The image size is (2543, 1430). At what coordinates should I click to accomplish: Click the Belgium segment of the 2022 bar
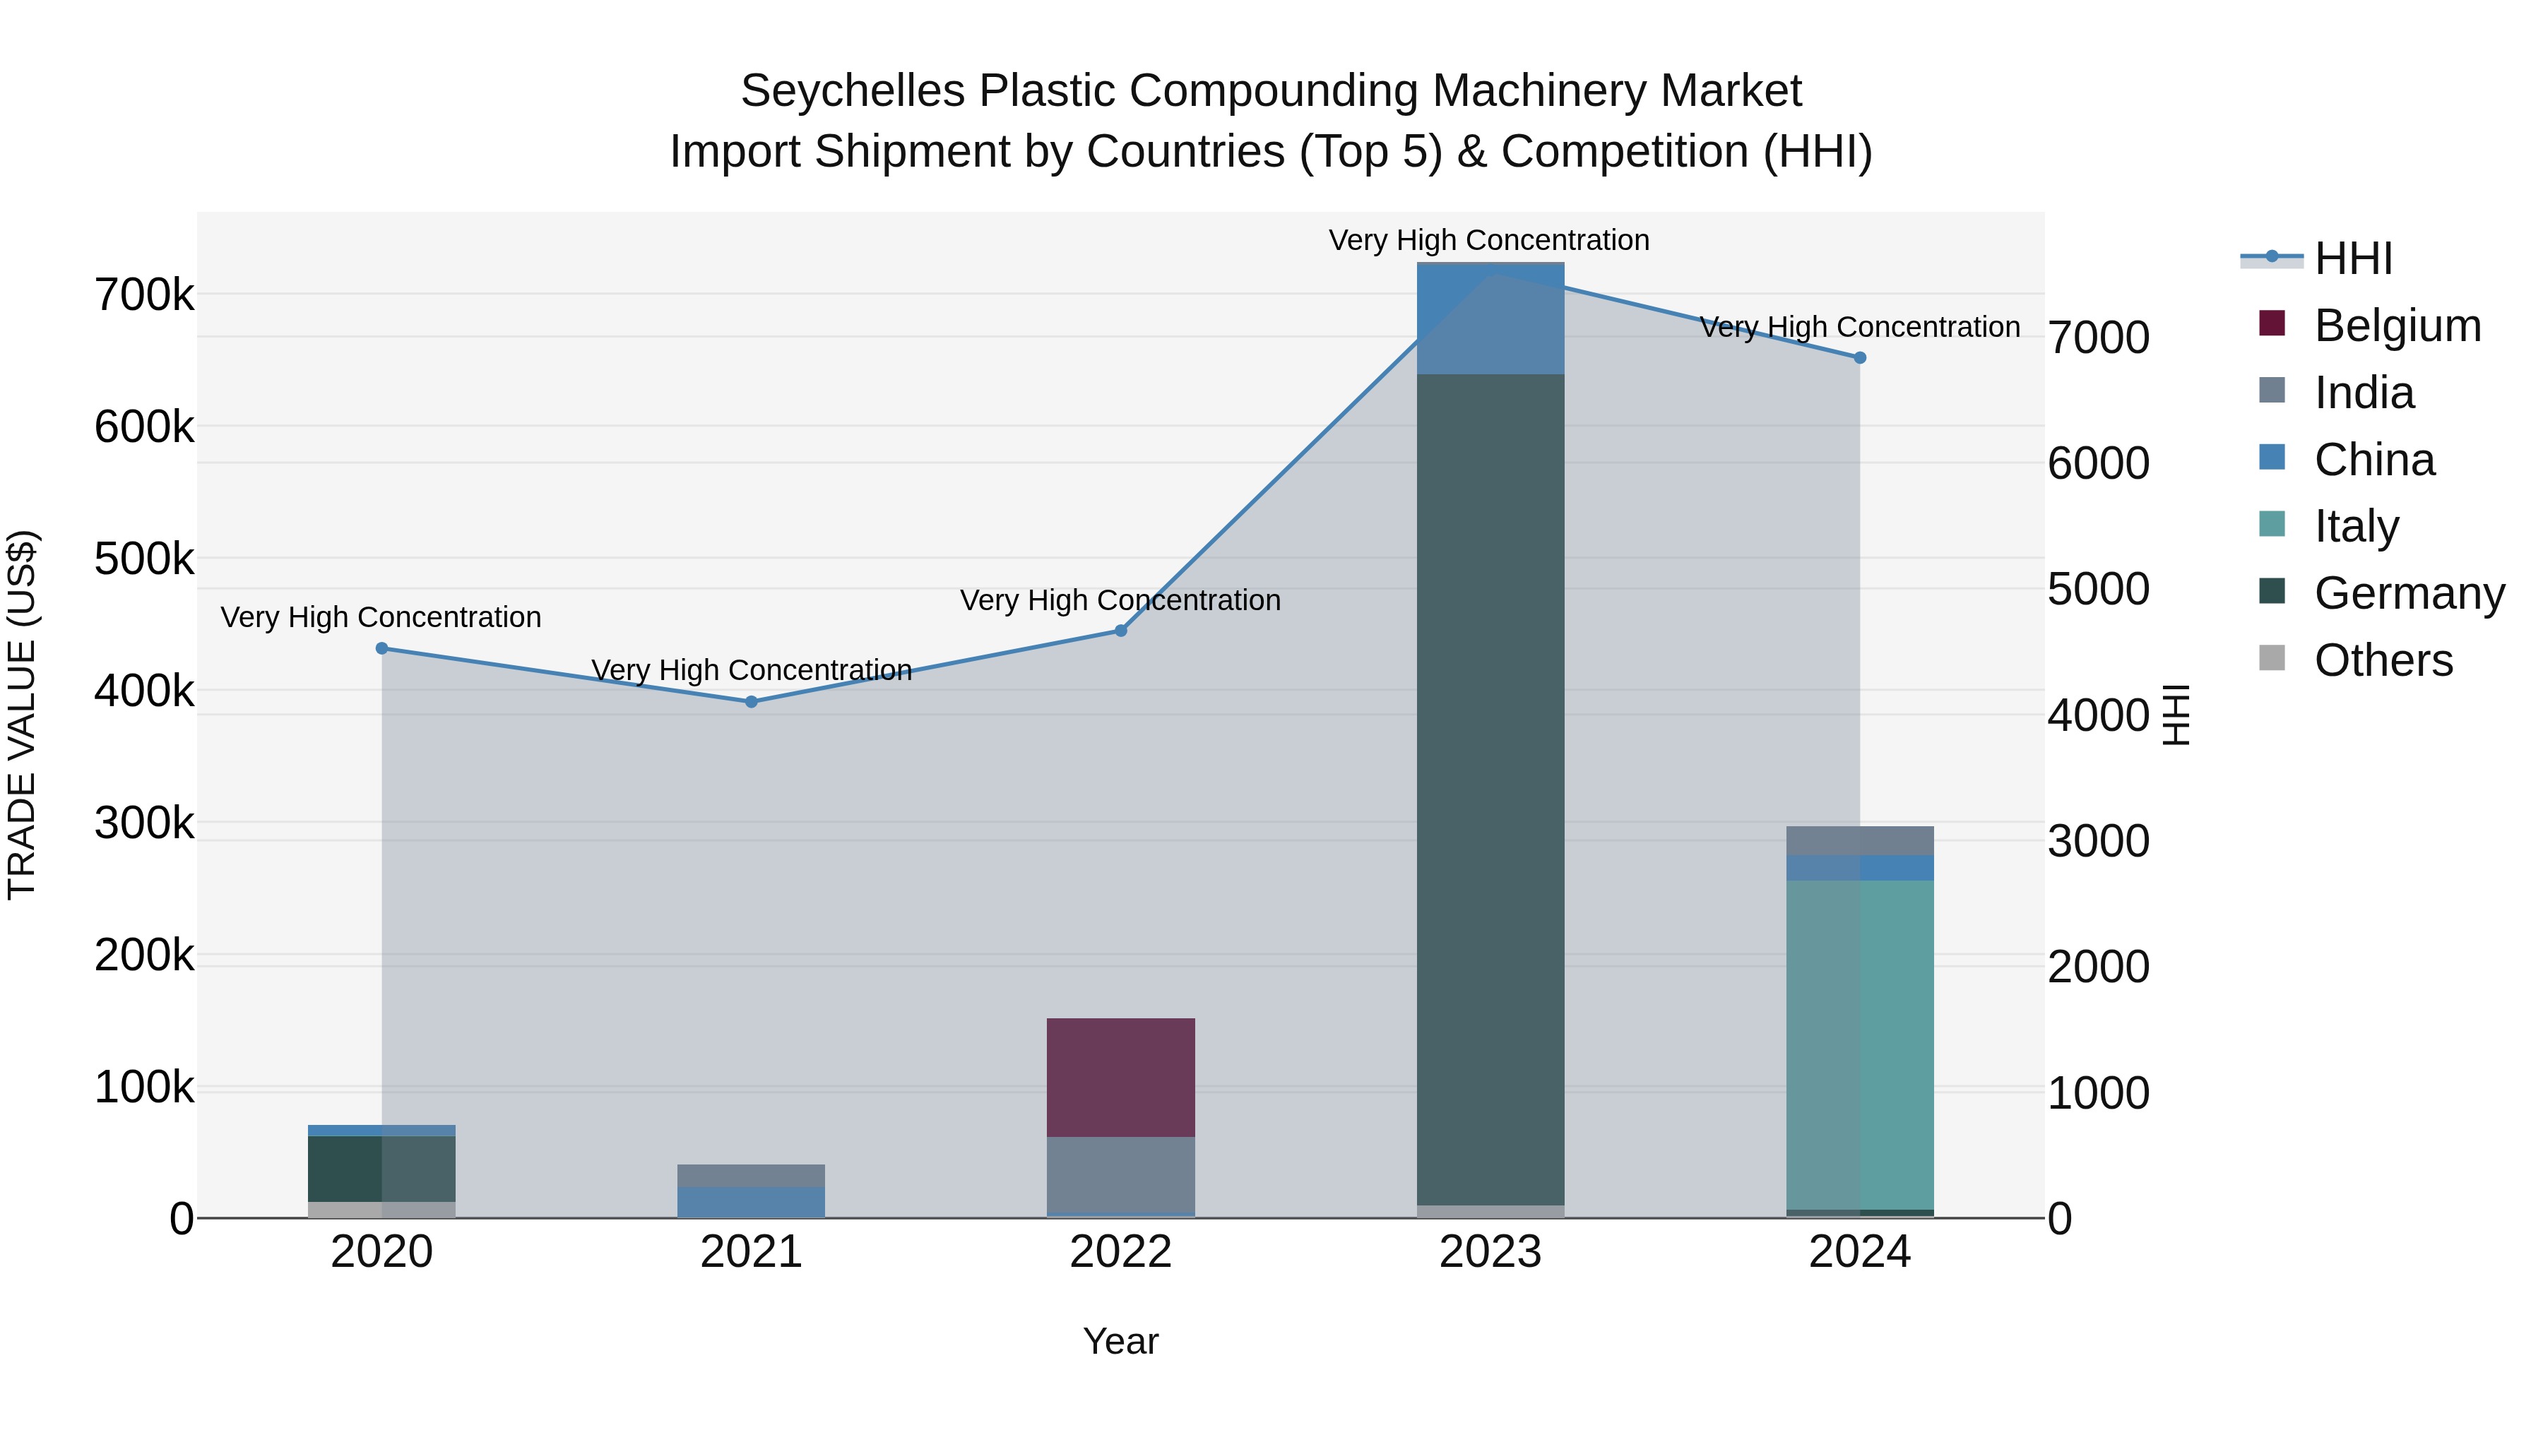coord(1120,1077)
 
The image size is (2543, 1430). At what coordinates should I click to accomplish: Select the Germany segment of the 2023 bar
coord(1490,790)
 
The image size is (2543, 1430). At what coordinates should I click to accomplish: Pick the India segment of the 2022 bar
coord(1120,1174)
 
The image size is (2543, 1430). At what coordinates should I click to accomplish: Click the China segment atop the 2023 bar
coord(1490,318)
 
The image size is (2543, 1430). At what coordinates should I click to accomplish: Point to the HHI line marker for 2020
coord(382,648)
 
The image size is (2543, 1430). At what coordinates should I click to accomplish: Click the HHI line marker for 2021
coord(752,702)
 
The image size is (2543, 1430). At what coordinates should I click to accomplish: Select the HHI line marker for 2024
coord(1860,357)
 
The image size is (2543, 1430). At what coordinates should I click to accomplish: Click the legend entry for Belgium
coord(2397,326)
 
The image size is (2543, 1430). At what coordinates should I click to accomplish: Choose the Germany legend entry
coord(2409,593)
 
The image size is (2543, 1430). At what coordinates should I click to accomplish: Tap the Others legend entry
coord(2383,660)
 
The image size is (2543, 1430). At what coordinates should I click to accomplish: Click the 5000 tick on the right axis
coord(2099,589)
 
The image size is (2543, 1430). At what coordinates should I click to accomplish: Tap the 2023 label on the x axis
coord(1490,1252)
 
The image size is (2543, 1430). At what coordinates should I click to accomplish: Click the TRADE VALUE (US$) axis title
coord(22,715)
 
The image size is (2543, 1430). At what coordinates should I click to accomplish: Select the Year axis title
coord(1120,1341)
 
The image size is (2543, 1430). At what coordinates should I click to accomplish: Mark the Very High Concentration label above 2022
coord(1120,600)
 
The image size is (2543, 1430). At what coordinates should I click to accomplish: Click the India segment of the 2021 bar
coord(752,1175)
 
